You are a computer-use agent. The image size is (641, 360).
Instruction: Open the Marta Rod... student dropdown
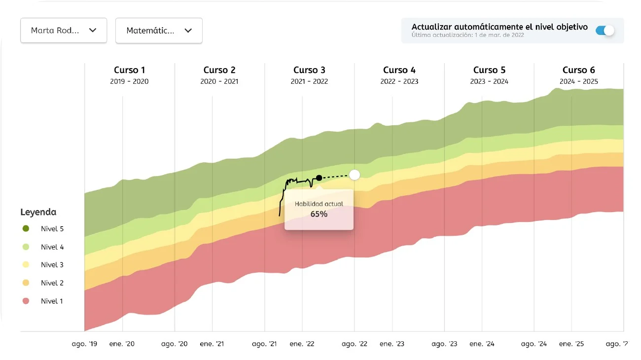point(64,31)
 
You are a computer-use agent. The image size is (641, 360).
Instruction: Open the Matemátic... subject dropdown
point(159,31)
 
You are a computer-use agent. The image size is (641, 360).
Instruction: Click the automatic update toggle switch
point(605,31)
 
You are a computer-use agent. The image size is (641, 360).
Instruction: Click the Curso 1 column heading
point(130,70)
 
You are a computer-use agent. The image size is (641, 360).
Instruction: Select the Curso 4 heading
point(399,70)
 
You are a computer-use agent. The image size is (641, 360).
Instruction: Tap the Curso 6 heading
point(579,70)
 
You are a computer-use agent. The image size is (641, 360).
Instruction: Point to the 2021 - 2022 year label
point(309,81)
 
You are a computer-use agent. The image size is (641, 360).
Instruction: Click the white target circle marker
point(355,175)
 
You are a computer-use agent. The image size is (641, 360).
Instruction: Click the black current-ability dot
point(319,178)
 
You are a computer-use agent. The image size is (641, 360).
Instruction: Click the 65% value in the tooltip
point(319,214)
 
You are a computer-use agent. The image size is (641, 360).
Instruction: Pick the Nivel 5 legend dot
point(26,228)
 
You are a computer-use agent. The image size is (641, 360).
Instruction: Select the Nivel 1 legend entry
point(52,301)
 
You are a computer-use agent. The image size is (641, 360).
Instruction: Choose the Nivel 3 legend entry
point(52,265)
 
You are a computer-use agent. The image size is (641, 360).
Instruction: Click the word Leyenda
point(38,212)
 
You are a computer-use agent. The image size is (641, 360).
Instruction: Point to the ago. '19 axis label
point(85,344)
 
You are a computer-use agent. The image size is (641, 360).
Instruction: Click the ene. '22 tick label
point(302,344)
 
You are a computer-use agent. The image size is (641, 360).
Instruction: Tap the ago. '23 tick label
point(444,344)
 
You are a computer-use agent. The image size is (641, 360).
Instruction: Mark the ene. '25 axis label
point(571,344)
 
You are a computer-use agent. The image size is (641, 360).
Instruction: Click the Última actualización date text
point(468,36)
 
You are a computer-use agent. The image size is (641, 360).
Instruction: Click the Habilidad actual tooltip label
point(319,204)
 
